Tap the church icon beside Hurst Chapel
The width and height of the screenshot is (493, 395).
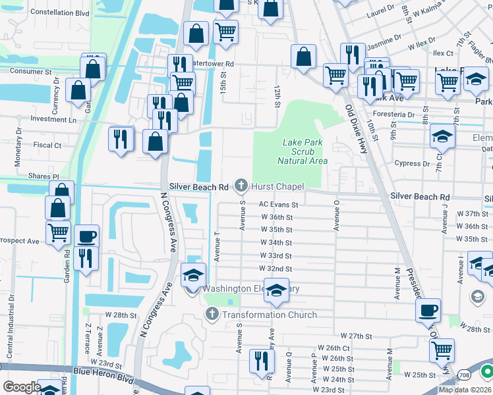[x=242, y=186]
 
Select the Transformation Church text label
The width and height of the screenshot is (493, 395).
[x=270, y=315]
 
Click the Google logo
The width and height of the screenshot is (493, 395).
[x=22, y=386]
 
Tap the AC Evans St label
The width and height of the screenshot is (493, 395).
[x=278, y=205]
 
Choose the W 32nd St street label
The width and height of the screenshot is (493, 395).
[x=276, y=269]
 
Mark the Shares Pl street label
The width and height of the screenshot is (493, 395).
[x=43, y=176]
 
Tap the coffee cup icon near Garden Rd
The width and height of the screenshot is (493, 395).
[x=86, y=236]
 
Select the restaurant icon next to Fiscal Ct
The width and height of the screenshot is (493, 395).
[x=120, y=138]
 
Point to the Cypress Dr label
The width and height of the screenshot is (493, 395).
[x=416, y=164]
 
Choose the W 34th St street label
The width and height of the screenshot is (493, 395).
[x=276, y=242]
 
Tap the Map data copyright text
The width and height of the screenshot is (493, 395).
[x=465, y=390]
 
